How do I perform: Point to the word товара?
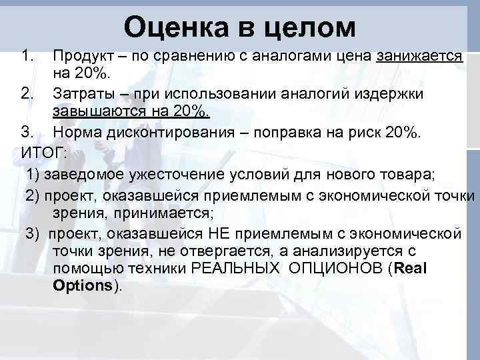[x=407, y=175]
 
